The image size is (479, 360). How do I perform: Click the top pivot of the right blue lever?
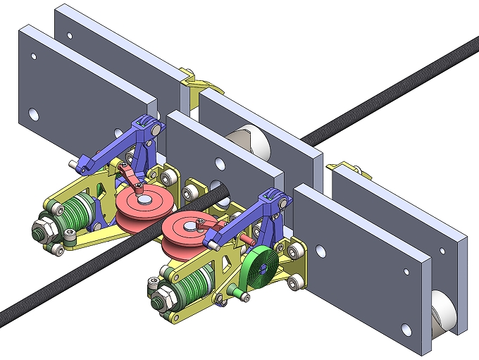point(271,197)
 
